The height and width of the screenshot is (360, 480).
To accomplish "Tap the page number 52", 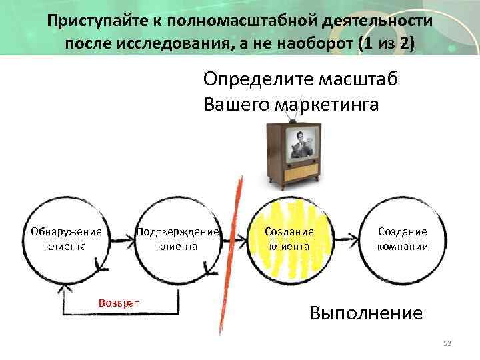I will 447,343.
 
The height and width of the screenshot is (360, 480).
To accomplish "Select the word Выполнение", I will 366,313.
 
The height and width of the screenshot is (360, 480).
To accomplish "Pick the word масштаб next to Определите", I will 360,79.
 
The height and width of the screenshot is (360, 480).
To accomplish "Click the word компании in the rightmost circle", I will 402,246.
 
